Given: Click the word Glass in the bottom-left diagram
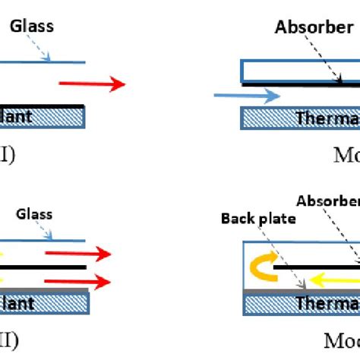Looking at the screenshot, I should click(33, 214).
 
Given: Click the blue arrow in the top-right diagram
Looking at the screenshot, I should click(247, 96).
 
